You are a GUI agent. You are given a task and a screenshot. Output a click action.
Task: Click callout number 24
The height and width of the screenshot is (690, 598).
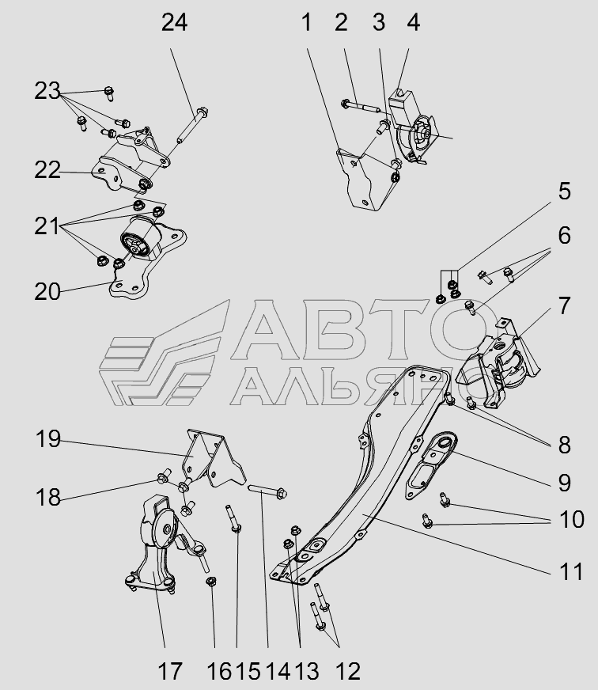[174, 23]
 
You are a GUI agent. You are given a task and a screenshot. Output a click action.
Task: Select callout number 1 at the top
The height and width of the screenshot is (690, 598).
[306, 23]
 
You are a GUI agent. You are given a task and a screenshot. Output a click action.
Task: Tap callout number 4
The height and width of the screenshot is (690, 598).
[412, 23]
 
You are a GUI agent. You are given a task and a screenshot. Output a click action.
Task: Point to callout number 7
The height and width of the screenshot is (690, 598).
[563, 306]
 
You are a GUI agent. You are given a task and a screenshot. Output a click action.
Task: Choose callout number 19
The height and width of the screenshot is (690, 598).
[48, 439]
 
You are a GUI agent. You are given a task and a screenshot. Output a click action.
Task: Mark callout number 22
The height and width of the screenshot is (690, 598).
[47, 170]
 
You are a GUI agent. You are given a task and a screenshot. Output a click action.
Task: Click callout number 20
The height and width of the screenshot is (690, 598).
[47, 292]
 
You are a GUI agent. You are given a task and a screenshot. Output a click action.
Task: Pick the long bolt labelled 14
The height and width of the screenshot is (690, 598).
[268, 491]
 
